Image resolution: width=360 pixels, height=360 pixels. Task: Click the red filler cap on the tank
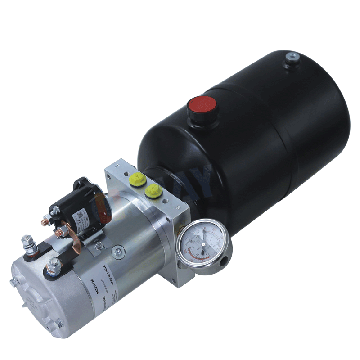(202, 107)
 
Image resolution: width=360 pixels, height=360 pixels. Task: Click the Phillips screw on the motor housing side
(118, 250)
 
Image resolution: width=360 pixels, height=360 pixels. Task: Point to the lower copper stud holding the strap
(59, 232)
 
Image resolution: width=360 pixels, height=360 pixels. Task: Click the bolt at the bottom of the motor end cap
(59, 323)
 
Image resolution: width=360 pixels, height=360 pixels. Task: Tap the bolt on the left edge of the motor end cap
(13, 283)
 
